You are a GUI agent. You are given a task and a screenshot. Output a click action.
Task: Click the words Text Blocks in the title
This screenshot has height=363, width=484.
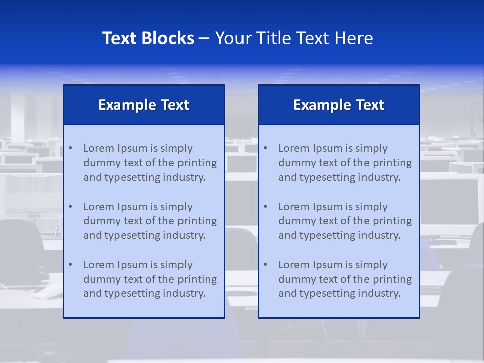pos(148,38)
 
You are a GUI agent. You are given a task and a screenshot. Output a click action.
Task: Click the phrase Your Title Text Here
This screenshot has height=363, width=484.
pos(294,38)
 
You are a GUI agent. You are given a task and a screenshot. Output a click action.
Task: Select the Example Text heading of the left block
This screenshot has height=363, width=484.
pos(144,105)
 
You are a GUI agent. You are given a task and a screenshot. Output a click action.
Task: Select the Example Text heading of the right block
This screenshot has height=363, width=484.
pos(339,105)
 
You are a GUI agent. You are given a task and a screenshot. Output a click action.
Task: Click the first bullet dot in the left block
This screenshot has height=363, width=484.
pos(71,148)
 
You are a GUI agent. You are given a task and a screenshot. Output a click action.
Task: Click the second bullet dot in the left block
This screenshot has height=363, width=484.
pos(71,207)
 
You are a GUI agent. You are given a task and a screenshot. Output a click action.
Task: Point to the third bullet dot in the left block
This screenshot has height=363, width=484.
pos(71,265)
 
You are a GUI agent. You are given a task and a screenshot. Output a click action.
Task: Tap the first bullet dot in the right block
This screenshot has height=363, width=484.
pos(266,148)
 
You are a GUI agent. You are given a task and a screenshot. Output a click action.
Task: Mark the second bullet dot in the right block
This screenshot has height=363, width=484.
pos(266,207)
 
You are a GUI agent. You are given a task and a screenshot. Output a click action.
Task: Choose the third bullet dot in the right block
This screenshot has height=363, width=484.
pos(266,265)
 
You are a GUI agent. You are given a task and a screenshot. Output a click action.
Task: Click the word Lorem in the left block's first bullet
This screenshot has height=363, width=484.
pos(99,148)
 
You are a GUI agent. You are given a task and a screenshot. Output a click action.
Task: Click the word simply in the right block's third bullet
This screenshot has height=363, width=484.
pos(372,265)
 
